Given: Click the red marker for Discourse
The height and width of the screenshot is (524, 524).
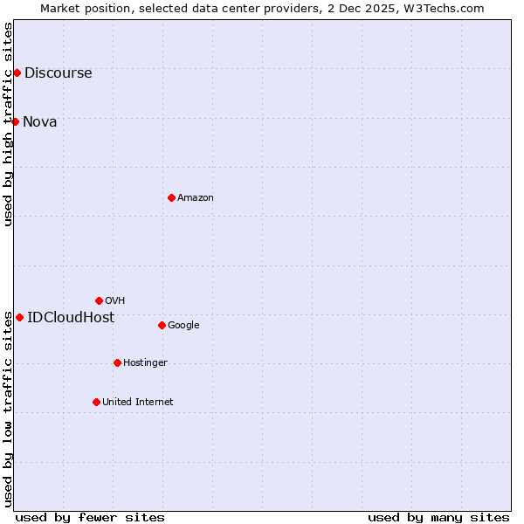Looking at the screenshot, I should click(17, 72).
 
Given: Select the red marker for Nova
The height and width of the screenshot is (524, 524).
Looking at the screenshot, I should click(15, 121).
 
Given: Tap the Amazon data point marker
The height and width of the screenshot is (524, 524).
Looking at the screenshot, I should click(171, 197).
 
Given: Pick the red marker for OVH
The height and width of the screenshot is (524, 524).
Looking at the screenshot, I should click(99, 300).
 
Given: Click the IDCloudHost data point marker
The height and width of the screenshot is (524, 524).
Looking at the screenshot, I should click(19, 317).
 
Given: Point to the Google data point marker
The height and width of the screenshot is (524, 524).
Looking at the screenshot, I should click(162, 325).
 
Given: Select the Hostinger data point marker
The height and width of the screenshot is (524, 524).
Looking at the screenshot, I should click(117, 362).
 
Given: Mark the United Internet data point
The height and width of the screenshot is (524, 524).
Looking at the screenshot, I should click(96, 402).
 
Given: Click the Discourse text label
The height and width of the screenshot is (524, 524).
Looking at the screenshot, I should click(58, 72).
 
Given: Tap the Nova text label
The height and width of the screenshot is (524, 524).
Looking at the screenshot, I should click(40, 121).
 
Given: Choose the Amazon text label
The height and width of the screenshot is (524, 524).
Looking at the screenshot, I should click(196, 197).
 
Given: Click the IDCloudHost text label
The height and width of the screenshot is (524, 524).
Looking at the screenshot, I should click(71, 317).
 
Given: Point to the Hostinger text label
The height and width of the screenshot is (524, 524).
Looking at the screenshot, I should click(145, 362).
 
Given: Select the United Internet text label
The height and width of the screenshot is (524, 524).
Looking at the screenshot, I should click(137, 402).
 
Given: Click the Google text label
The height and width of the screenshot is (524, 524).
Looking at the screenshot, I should click(183, 325).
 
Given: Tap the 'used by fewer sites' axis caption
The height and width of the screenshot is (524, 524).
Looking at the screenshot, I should click(90, 517).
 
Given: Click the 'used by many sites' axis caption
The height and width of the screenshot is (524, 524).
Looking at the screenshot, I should click(438, 517).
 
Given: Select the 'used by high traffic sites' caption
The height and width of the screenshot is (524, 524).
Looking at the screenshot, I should click(8, 123).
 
